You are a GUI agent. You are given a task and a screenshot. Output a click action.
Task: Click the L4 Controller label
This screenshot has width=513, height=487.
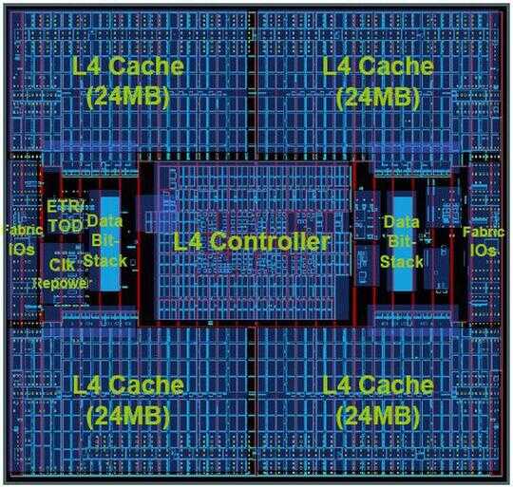click(251, 241)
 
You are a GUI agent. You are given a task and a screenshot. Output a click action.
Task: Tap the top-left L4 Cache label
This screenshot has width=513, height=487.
click(127, 66)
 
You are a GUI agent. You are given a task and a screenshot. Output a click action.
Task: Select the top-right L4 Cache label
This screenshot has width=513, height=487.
click(378, 66)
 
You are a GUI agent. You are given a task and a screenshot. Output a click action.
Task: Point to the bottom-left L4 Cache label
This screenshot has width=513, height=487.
click(127, 384)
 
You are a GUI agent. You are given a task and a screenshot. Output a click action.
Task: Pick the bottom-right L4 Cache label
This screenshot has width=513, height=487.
click(378, 384)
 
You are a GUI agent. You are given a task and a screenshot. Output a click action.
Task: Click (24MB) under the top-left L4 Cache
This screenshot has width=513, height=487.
click(128, 97)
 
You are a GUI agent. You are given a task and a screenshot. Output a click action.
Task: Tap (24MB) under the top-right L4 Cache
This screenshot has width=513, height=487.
click(378, 97)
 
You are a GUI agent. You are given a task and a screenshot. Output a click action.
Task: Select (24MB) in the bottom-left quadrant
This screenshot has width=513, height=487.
click(128, 416)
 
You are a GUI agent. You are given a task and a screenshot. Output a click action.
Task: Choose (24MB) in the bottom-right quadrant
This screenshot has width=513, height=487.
click(378, 416)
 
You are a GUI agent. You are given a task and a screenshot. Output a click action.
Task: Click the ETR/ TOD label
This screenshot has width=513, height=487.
click(65, 215)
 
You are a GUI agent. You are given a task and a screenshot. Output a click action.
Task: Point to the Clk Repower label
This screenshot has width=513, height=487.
click(61, 274)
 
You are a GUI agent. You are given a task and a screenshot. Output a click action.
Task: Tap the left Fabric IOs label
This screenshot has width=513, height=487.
click(21, 240)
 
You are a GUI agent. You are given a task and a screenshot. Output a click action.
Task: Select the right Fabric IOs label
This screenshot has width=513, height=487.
click(484, 241)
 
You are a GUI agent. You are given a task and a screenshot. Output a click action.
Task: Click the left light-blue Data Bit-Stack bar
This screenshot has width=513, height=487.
click(110, 244)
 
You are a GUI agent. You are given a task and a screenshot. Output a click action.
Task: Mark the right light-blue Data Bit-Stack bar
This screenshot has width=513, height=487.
click(402, 244)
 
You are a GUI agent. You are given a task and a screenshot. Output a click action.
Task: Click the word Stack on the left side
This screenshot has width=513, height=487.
click(104, 261)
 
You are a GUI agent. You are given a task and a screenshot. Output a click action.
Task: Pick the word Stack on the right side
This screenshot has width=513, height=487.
click(402, 262)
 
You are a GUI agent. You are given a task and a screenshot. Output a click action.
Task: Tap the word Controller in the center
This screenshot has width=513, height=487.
click(269, 241)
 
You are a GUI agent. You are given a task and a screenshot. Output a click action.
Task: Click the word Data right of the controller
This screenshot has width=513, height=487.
click(402, 222)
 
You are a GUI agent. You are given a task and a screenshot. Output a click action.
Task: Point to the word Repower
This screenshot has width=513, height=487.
click(61, 284)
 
